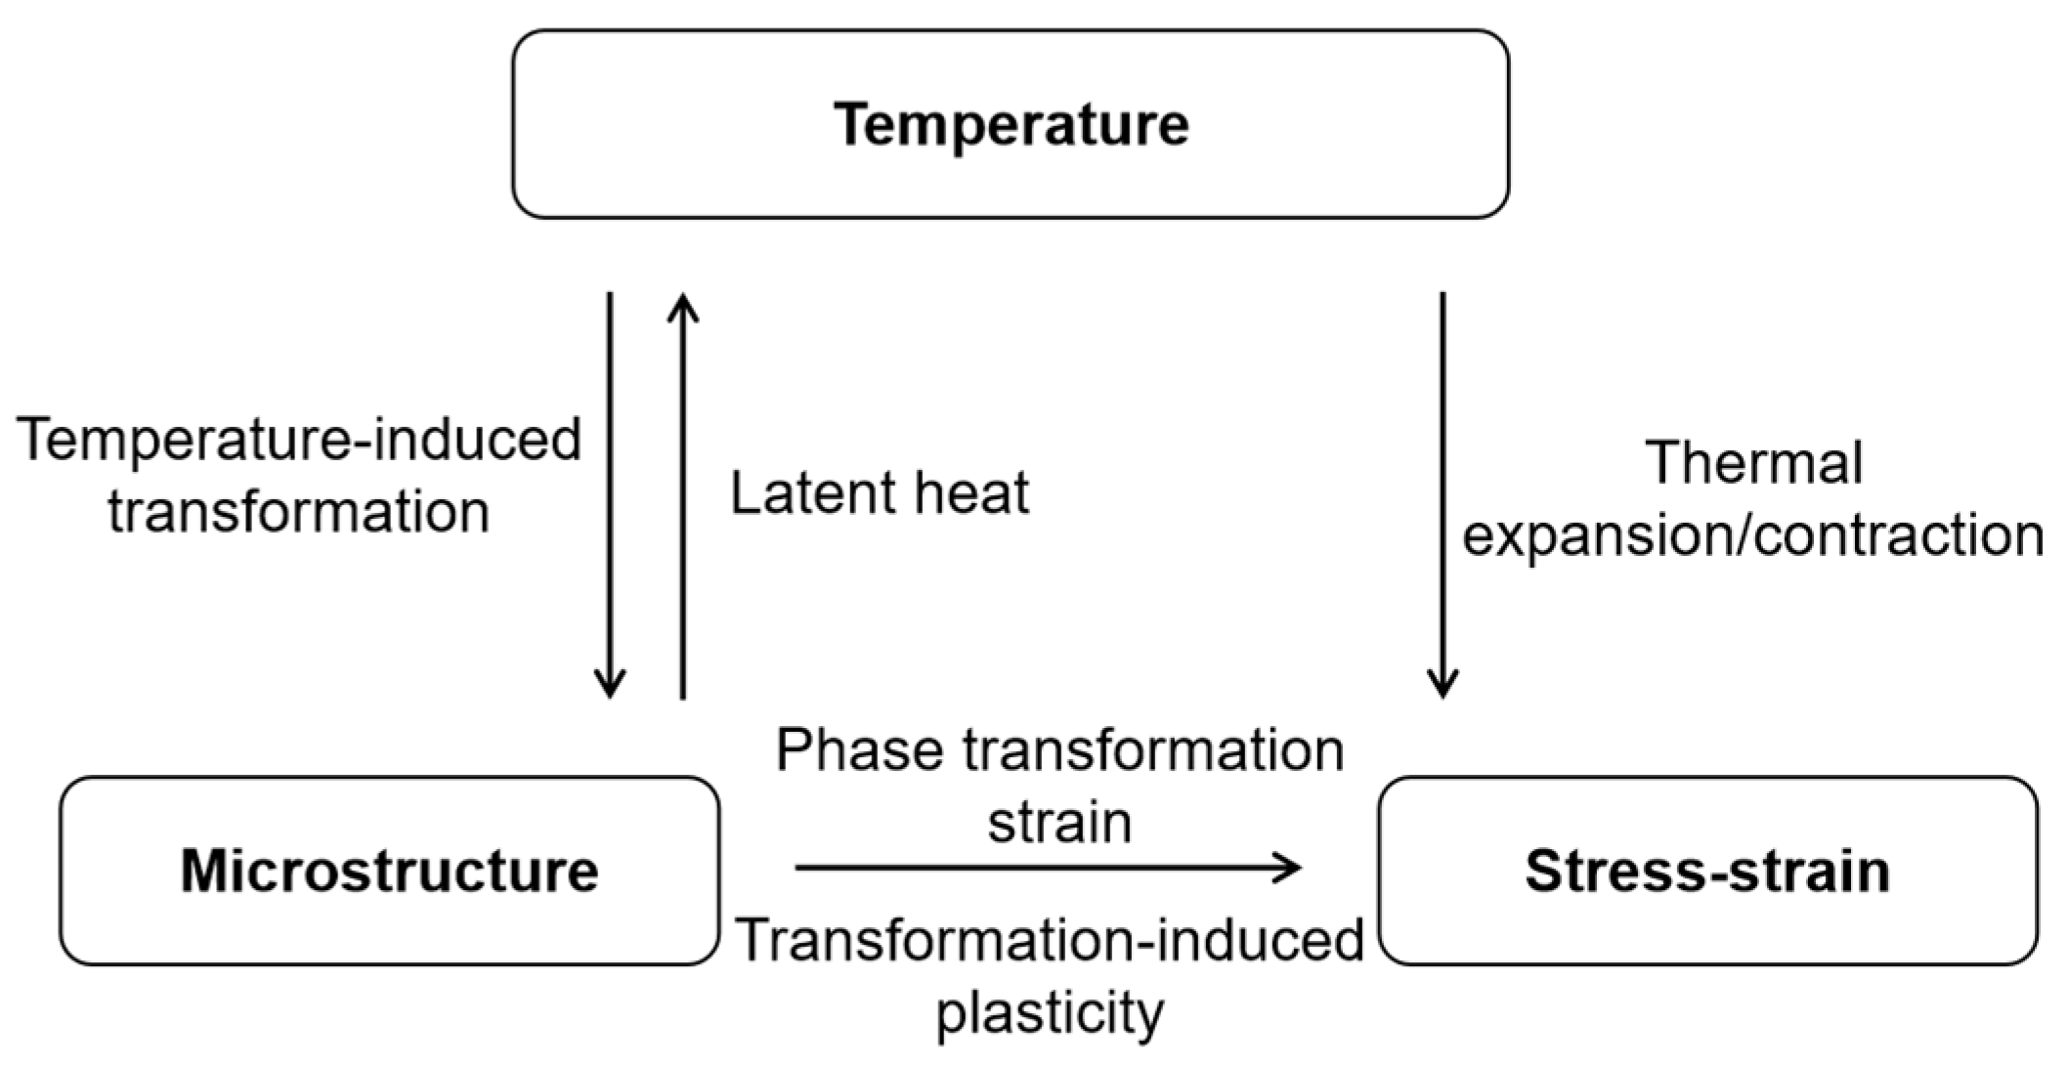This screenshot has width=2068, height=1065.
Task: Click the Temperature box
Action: pyautogui.click(x=1011, y=124)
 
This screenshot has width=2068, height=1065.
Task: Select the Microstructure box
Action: pyautogui.click(x=389, y=871)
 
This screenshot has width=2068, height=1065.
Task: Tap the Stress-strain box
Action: pyautogui.click(x=1707, y=871)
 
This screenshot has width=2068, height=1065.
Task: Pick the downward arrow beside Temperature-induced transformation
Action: pyautogui.click(x=610, y=494)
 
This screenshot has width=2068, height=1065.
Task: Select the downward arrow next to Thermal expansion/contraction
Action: pyautogui.click(x=1443, y=494)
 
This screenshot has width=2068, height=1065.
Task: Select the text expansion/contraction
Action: pyautogui.click(x=1753, y=536)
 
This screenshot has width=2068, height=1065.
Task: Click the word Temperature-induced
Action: pyautogui.click(x=299, y=439)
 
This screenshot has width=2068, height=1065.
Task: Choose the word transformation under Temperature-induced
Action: pyautogui.click(x=299, y=511)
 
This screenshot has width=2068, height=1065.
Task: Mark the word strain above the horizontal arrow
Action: pyautogui.click(x=1059, y=823)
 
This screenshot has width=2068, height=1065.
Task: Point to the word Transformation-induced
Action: pyautogui.click(x=1050, y=940)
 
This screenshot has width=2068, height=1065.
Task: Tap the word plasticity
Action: pyautogui.click(x=1051, y=1013)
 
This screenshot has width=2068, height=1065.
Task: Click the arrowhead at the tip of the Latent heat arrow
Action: pyautogui.click(x=682, y=305)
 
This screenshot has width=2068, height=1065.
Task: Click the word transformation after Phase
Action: pyautogui.click(x=1154, y=750)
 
